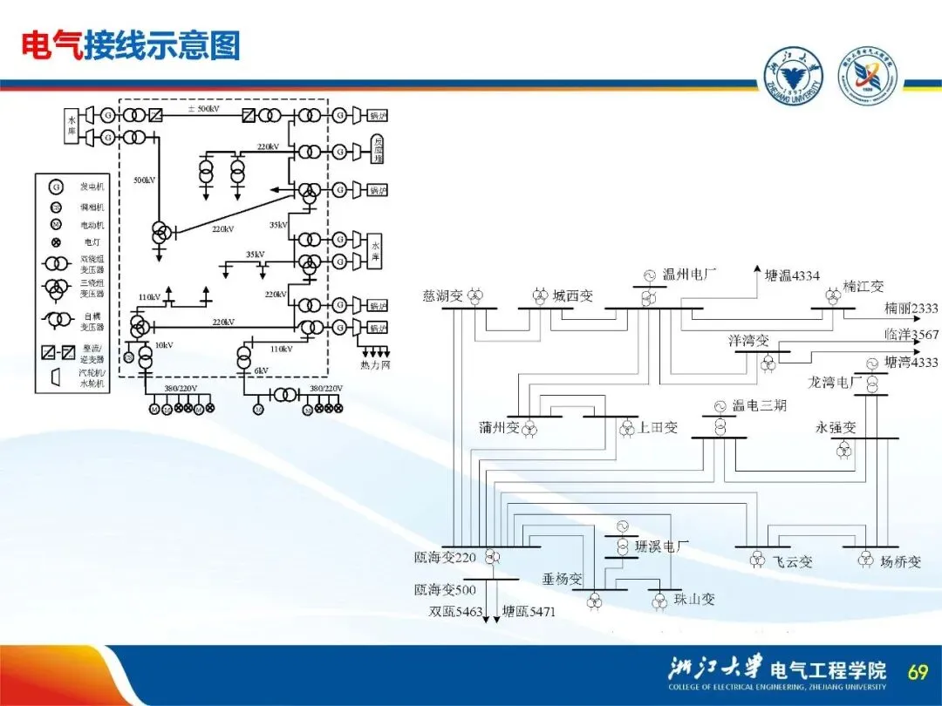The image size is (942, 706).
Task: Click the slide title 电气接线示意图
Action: coord(131,45)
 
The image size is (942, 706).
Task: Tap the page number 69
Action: coord(918,671)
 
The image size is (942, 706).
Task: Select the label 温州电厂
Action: coord(689,275)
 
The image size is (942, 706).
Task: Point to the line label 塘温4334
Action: coord(792,275)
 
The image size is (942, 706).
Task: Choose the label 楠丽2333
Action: coord(911,308)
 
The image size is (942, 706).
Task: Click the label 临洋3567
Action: coord(911,335)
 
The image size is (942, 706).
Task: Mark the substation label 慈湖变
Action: coord(442,295)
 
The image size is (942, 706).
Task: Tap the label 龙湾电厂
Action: coord(836,382)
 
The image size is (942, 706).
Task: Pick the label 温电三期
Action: coord(759,405)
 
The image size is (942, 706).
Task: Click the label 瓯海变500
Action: coord(445,590)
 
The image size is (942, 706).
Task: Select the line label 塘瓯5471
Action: coord(529,612)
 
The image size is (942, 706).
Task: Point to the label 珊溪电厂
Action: coord(662,546)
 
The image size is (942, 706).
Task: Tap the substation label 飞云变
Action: coord(793,562)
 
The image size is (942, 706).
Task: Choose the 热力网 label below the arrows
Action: coord(376,363)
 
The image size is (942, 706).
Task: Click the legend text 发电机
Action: coord(92,187)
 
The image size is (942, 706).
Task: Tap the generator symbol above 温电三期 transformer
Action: coord(720,407)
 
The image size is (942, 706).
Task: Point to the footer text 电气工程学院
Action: coord(828,669)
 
